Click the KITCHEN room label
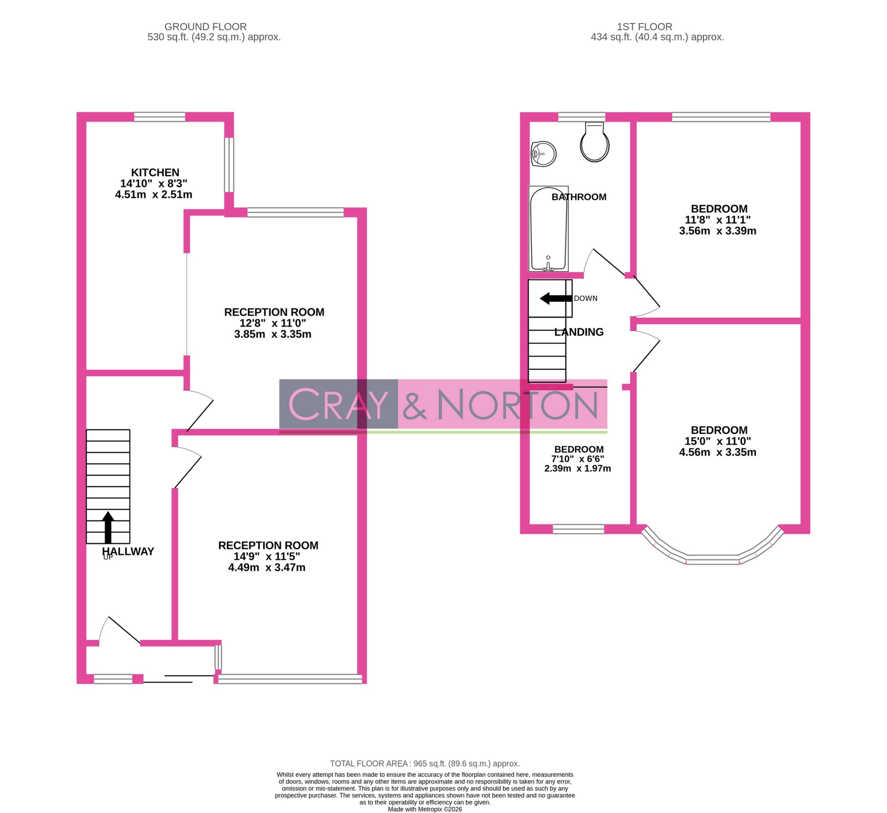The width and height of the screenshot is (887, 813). click(155, 173)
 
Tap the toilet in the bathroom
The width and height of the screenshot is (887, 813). click(594, 141)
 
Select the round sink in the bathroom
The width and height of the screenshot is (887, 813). click(544, 154)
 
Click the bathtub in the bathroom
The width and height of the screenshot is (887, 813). click(548, 229)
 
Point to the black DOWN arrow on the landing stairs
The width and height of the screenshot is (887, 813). click(556, 298)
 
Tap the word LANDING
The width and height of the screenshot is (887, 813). click(579, 332)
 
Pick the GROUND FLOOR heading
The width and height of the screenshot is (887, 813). click(205, 27)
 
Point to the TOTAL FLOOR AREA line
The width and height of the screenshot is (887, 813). click(424, 764)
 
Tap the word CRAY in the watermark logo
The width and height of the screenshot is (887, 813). click(338, 404)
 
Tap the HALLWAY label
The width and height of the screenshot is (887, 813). click(127, 551)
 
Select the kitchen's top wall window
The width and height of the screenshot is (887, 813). click(159, 117)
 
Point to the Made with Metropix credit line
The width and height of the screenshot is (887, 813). click(424, 809)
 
